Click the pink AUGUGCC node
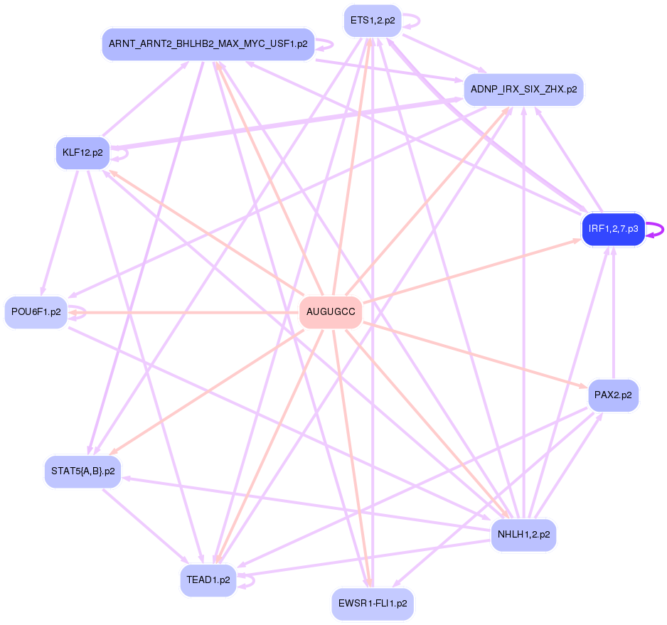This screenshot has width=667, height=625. point(331,312)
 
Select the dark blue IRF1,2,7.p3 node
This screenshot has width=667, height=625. point(613,229)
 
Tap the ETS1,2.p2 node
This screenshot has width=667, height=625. point(372,21)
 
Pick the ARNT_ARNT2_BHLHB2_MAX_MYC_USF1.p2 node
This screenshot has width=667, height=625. point(208,44)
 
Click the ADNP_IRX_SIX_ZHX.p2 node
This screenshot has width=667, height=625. point(523,90)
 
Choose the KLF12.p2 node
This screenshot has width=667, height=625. point(82,153)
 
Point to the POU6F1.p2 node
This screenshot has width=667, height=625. point(36,312)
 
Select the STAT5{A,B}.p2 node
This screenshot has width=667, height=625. point(82,471)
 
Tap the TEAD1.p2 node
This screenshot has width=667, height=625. point(208,579)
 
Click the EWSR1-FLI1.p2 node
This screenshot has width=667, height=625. point(372,604)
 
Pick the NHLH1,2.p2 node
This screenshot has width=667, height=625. point(523,534)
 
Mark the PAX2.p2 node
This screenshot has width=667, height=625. point(613,395)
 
